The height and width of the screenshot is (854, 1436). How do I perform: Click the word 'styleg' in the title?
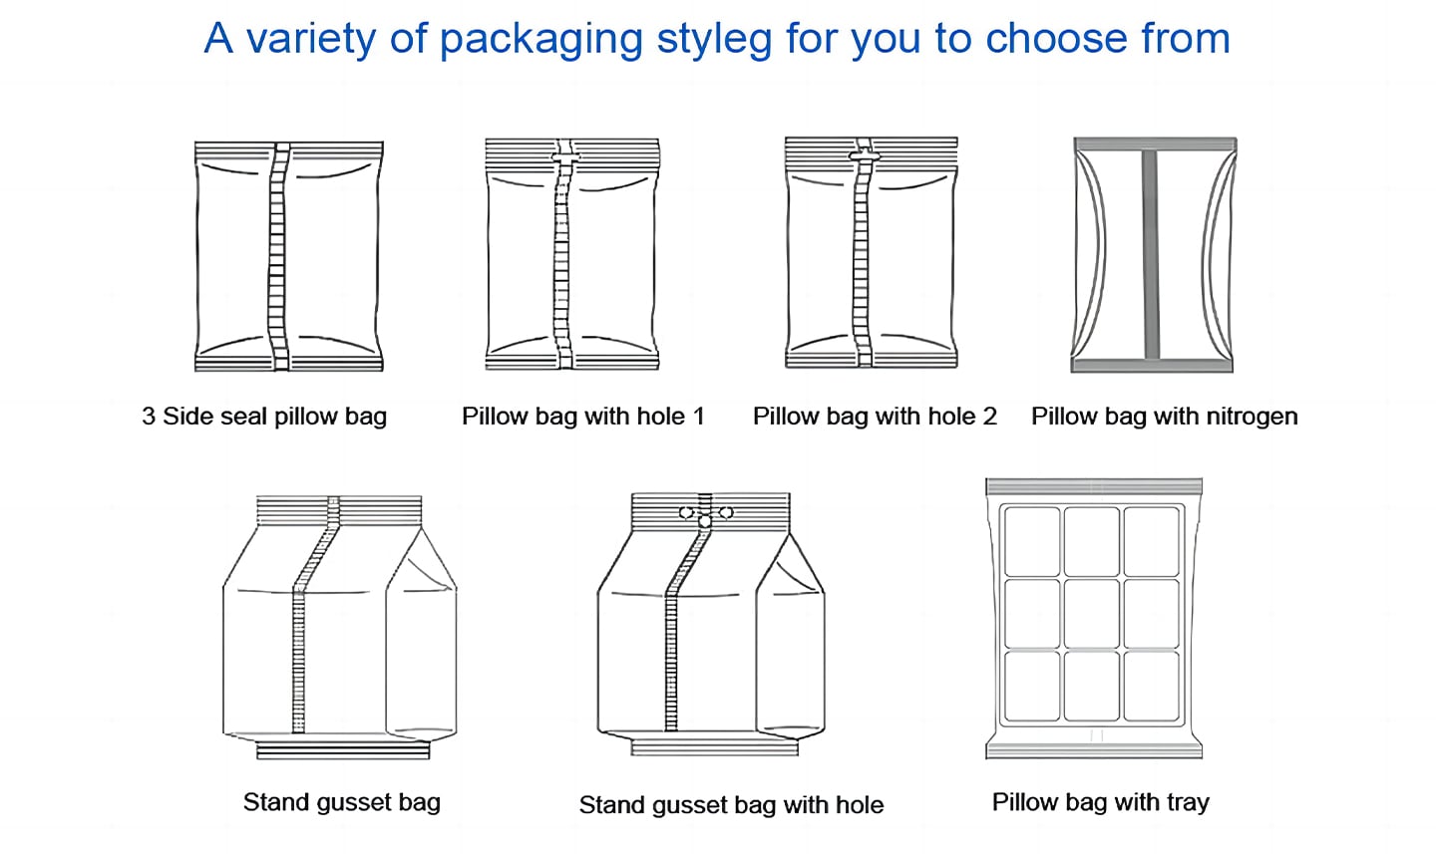[714, 40]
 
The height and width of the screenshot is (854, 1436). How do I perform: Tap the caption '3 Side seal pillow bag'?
[264, 417]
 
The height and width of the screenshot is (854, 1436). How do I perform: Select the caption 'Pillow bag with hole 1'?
[582, 417]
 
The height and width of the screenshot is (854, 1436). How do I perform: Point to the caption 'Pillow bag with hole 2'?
[875, 417]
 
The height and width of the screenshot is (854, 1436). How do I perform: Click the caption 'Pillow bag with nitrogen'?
[1164, 417]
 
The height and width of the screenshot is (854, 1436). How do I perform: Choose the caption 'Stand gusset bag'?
[342, 802]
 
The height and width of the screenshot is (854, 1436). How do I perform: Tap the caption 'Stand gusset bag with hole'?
[731, 804]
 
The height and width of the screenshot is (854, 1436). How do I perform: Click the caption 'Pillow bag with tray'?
[1100, 802]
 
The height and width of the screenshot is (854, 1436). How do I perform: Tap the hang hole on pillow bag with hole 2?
[865, 155]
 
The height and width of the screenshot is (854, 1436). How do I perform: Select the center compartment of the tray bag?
[1092, 614]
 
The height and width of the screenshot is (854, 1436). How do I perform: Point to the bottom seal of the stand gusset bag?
[343, 750]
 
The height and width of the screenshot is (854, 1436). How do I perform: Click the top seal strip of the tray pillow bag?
[1094, 487]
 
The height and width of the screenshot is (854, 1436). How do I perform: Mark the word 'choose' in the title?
[1056, 38]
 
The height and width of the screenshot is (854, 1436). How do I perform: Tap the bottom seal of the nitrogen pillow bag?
[1152, 366]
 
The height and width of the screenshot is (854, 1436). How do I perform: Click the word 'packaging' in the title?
[540, 40]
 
